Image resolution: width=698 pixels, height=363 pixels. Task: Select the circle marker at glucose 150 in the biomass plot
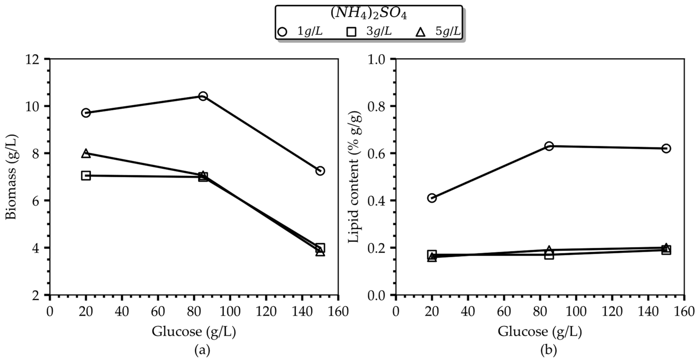(x=320, y=171)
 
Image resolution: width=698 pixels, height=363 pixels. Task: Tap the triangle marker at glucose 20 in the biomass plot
(x=86, y=153)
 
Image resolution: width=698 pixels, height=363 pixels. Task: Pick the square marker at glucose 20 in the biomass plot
(x=86, y=176)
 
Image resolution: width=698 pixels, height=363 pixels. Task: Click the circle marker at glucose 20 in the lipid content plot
(x=432, y=198)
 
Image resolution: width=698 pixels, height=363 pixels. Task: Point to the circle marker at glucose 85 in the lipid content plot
(x=549, y=146)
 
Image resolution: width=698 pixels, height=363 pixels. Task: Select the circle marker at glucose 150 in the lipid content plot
(x=666, y=148)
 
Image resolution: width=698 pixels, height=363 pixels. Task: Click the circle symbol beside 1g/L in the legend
(x=282, y=32)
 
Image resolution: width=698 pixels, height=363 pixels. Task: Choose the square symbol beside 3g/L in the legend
(x=351, y=32)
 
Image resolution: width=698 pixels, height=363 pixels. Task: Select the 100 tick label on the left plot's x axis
(x=230, y=312)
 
